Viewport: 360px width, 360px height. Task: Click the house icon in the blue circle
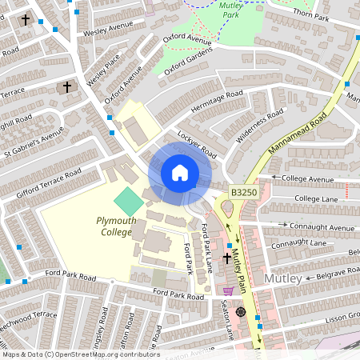point(179,173)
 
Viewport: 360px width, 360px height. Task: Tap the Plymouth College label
point(117,226)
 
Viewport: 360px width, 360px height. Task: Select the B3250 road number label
point(245,193)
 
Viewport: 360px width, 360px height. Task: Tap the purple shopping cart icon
point(229,291)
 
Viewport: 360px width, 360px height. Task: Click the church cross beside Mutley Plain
point(226,258)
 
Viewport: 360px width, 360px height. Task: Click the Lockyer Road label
point(198,144)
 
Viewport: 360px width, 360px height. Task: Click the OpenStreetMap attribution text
point(80,354)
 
